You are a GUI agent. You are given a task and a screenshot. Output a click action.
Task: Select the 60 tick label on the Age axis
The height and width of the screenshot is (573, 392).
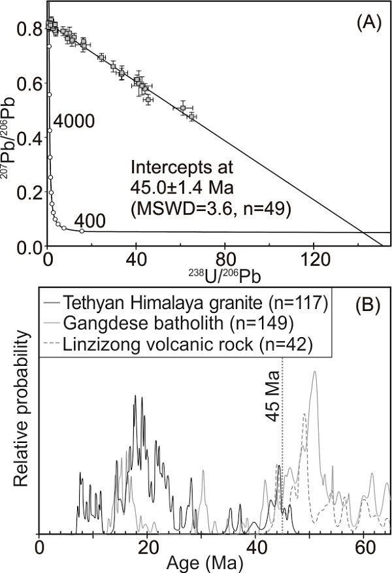pyautogui.click(x=363, y=546)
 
